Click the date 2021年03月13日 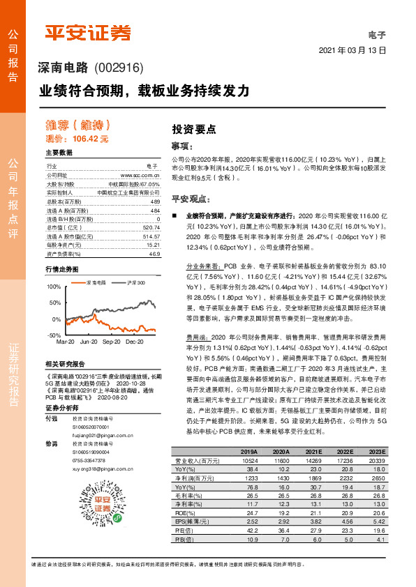point(352,51)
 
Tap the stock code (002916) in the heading point(118,68)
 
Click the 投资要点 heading point(194,129)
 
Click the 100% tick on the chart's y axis point(54,287)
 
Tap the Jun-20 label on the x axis point(89,342)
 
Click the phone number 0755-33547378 point(89,461)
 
